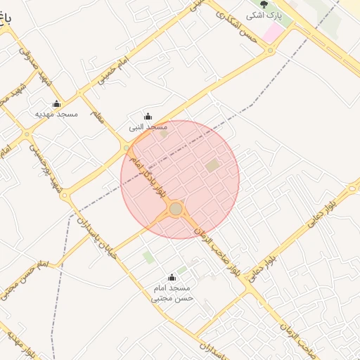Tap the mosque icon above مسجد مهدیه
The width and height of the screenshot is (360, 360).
[56, 103]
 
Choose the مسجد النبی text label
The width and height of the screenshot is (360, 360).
[148, 127]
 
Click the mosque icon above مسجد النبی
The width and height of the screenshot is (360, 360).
[147, 117]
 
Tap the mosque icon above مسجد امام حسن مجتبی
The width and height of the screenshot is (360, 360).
[172, 278]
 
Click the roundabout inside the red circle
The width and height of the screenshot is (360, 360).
[176, 209]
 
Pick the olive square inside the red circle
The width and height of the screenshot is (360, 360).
[212, 166]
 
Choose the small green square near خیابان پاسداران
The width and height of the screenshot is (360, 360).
[148, 257]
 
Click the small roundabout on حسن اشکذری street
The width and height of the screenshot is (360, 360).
[271, 50]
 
